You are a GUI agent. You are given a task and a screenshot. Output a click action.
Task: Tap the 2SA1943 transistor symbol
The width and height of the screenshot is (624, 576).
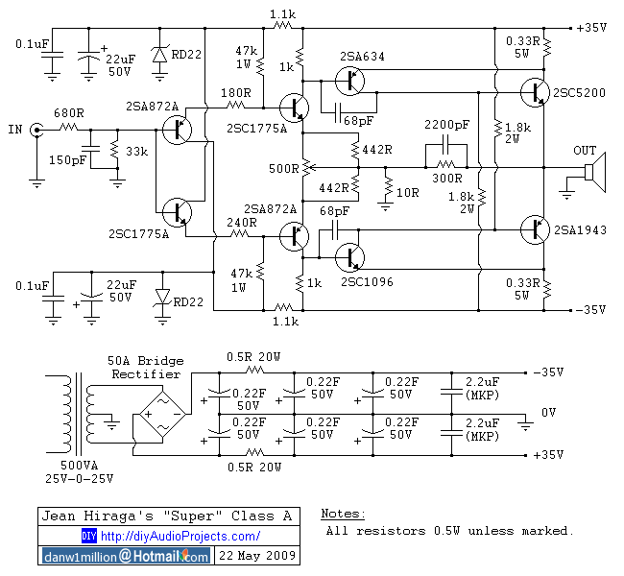coord(531,228)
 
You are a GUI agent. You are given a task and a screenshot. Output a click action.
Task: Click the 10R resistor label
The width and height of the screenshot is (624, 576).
coord(408,192)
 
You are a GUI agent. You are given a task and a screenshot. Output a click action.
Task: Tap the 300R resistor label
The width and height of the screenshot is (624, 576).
coord(448,179)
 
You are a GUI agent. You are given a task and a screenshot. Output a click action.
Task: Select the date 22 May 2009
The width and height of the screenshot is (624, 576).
coord(258,556)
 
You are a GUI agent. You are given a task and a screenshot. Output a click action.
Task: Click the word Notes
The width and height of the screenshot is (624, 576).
coord(343,515)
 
